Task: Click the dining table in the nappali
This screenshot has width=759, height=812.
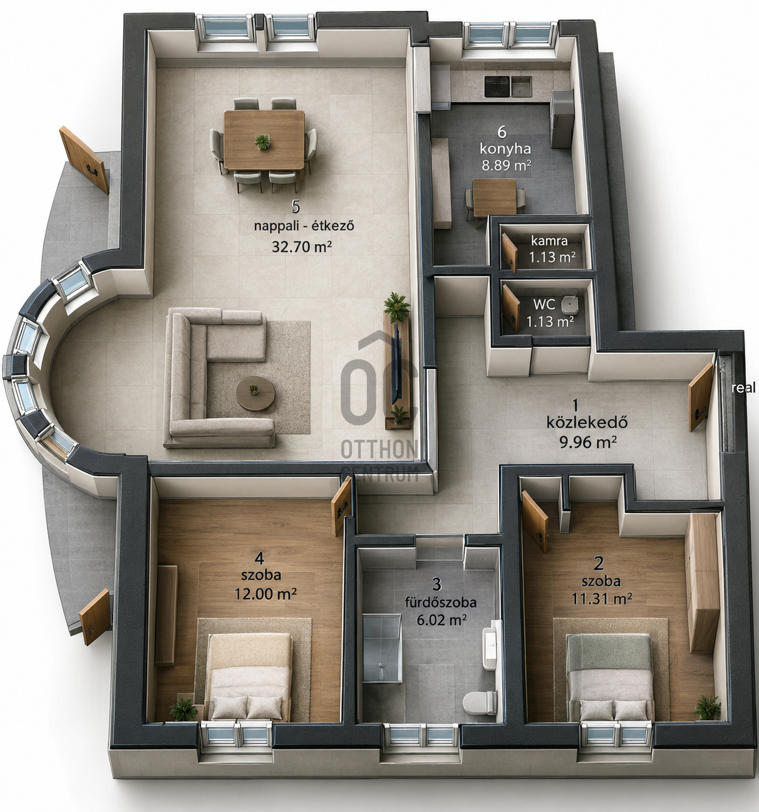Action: click(x=264, y=140)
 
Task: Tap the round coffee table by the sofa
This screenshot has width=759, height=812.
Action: click(x=256, y=393)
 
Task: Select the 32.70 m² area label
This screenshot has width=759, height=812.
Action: click(x=302, y=246)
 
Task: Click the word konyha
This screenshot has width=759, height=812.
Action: click(x=505, y=150)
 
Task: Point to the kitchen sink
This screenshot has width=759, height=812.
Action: click(x=521, y=86)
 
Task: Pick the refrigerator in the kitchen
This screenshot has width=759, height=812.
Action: click(x=562, y=119)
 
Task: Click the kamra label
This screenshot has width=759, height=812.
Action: click(x=549, y=241)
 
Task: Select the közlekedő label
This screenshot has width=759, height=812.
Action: click(x=587, y=422)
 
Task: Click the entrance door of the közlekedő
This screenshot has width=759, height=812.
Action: click(x=701, y=397)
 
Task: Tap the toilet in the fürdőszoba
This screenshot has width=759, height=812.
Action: click(x=480, y=703)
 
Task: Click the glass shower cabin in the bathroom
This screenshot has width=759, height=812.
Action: click(x=382, y=649)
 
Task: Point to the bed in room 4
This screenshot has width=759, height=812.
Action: click(x=250, y=677)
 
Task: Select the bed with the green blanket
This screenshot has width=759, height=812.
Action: click(x=609, y=677)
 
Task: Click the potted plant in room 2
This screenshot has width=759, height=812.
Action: click(x=708, y=707)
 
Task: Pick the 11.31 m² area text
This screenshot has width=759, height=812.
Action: click(x=602, y=599)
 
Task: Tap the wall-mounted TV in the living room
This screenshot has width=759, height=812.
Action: click(x=395, y=363)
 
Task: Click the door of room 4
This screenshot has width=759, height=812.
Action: click(x=341, y=506)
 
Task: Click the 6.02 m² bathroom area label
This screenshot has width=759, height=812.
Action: click(x=441, y=620)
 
